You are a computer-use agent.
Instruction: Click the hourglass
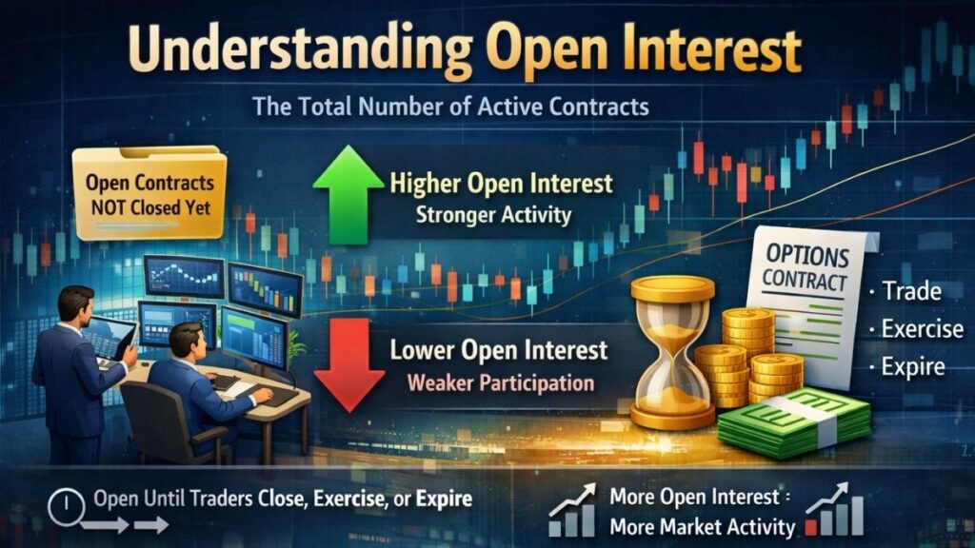(672, 352)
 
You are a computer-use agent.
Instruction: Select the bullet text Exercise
(922, 330)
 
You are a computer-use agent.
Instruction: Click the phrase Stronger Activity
(493, 214)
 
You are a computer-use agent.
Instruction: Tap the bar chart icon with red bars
(835, 512)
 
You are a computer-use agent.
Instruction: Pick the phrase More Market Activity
(702, 526)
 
